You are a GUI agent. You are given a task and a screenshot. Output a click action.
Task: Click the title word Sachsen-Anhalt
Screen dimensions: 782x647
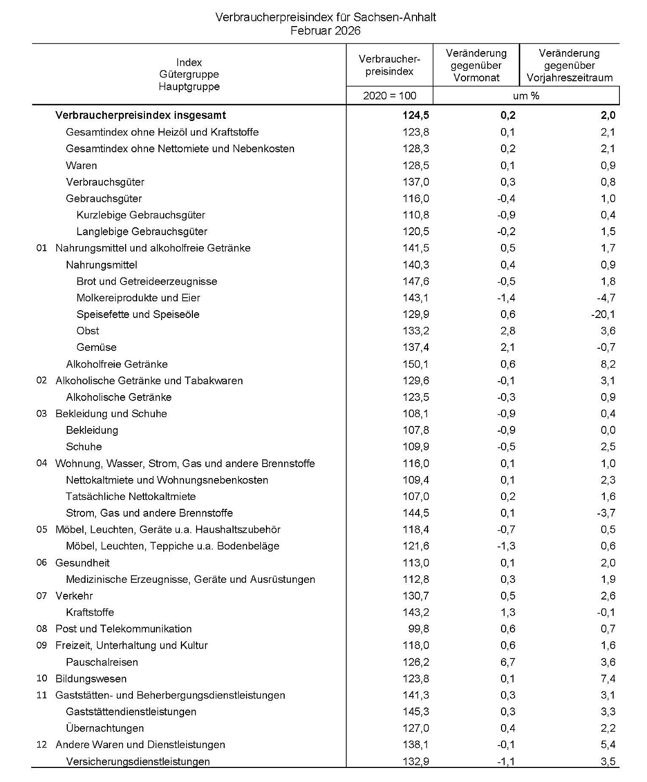tap(396, 17)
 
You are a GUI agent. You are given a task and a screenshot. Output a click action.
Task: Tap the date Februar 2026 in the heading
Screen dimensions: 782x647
tap(325, 31)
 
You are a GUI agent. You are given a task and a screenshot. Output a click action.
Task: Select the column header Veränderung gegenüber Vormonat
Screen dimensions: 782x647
tap(476, 66)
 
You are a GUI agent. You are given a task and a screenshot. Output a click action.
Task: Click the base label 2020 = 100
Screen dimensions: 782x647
tap(389, 95)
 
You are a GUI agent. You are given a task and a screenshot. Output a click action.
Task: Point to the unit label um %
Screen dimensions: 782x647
tap(526, 95)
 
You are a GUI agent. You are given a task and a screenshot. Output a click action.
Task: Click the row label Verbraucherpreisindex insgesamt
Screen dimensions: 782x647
tap(141, 115)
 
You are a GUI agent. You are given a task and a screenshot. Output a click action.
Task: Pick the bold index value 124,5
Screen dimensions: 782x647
tap(416, 115)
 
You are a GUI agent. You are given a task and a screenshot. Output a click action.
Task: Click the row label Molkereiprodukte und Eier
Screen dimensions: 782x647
tap(138, 298)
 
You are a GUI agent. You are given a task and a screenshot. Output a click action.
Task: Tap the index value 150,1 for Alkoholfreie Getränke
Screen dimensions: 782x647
tap(416, 364)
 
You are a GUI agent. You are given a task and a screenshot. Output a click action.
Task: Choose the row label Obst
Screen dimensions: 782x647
tap(88, 331)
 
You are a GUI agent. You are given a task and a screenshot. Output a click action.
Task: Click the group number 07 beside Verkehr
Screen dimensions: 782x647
tap(42, 596)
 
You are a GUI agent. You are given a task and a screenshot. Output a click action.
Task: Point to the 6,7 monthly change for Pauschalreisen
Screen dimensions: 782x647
tap(508, 662)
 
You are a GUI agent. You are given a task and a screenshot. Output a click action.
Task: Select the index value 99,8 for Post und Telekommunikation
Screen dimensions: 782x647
tap(419, 629)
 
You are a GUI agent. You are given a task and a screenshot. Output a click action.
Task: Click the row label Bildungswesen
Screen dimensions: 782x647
tap(91, 679)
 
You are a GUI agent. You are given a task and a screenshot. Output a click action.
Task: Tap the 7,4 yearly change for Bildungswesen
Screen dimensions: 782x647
tap(608, 679)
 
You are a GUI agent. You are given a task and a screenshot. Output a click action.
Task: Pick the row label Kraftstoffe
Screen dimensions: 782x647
tap(90, 613)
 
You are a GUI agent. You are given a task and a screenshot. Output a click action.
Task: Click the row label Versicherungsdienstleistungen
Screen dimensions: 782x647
tap(138, 762)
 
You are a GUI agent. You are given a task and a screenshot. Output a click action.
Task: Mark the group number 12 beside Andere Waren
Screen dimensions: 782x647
tap(42, 745)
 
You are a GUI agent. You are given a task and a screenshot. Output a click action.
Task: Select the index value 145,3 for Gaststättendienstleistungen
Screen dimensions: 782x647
tap(416, 712)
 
